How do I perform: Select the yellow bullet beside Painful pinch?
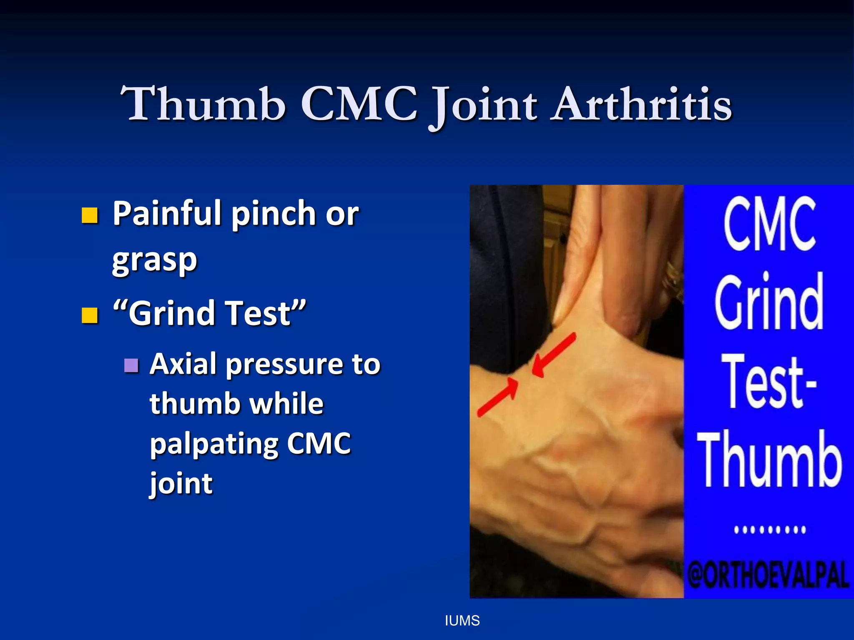90,215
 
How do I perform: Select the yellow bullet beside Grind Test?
90,315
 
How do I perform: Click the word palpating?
213,444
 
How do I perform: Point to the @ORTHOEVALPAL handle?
769,575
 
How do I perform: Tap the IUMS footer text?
462,621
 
